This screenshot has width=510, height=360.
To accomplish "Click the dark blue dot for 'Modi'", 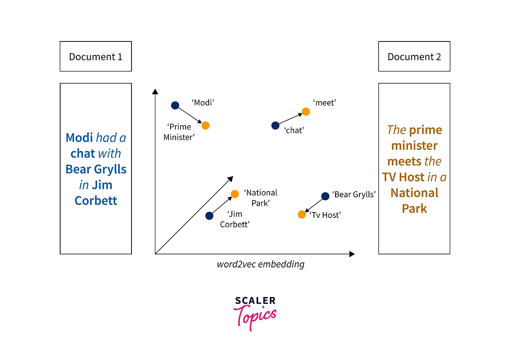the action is pos(175,105).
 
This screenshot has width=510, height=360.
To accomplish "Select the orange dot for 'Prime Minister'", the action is pos(206,126).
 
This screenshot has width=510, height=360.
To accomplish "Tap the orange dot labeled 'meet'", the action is pos(306,112).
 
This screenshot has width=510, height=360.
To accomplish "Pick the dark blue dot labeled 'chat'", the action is pos(275,126).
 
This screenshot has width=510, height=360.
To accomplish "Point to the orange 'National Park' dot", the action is pos(235,194).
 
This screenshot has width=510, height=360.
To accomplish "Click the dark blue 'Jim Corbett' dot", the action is pos(209,216).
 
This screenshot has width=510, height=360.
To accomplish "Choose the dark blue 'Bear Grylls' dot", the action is pos(326,196).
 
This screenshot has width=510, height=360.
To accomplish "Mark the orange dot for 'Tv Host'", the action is pos(302,214).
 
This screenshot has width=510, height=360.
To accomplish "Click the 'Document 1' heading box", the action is pos(96,56).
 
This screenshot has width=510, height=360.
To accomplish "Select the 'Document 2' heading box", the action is pos(414,56).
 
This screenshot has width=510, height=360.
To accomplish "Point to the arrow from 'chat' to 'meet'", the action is pos(290,118).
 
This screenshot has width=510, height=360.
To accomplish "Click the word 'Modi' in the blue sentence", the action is pos(79,138).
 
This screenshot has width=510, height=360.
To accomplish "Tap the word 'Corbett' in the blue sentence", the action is pos(96,201).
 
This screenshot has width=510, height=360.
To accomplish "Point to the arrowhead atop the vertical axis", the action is pos(155,92).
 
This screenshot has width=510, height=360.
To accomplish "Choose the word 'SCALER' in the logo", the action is pos(255,301).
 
